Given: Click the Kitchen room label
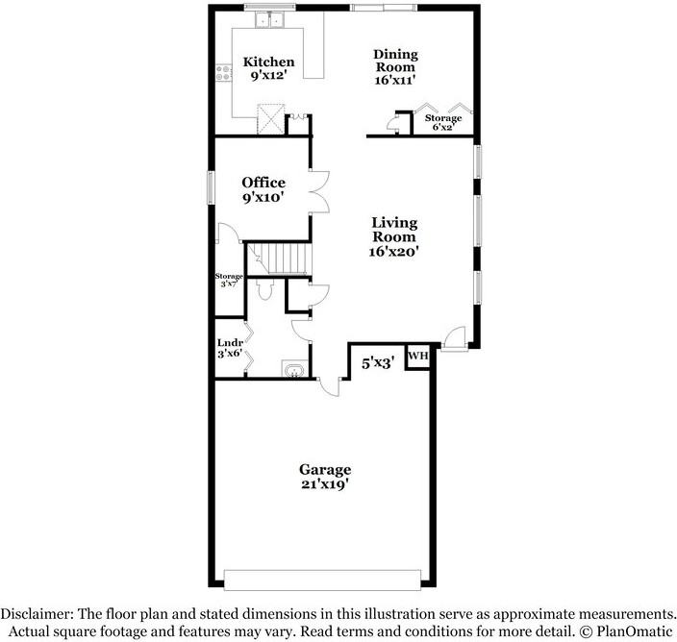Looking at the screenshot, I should [x=268, y=62].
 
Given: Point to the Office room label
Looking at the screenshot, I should [x=263, y=183].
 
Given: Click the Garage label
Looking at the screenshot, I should [x=324, y=469].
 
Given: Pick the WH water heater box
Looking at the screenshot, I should [x=417, y=356].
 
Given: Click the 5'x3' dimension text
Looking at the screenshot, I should [x=377, y=363].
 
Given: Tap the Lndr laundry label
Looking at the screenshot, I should [x=229, y=342].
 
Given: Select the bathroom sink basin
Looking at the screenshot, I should [x=294, y=369].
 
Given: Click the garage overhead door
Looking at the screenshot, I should [x=322, y=579].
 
